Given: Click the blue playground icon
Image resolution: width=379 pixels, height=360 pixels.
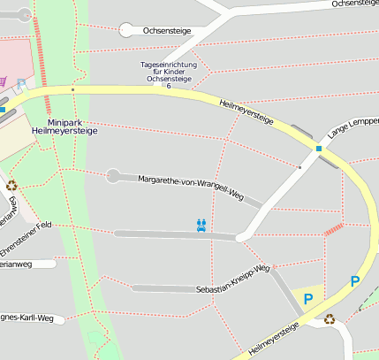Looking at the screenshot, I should tap(202, 225).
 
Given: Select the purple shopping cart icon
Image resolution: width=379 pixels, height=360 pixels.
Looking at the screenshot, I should tap(3, 81).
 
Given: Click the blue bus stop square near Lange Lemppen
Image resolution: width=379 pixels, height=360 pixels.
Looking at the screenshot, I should tap(319, 149).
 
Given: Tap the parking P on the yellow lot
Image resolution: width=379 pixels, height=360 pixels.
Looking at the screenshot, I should tap(308, 300).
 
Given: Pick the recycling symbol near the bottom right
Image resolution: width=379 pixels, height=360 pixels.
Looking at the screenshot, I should tap(330, 319).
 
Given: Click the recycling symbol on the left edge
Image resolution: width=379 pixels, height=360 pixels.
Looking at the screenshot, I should tap(11, 186).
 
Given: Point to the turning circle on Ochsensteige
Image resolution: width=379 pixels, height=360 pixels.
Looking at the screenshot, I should tap(127, 30).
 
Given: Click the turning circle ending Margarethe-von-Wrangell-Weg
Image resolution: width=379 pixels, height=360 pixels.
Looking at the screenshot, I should tap(113, 176).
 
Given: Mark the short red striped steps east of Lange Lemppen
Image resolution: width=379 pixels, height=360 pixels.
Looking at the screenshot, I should tap(333, 229).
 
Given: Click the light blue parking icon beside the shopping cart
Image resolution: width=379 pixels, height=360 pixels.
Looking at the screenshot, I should tap(21, 83).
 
